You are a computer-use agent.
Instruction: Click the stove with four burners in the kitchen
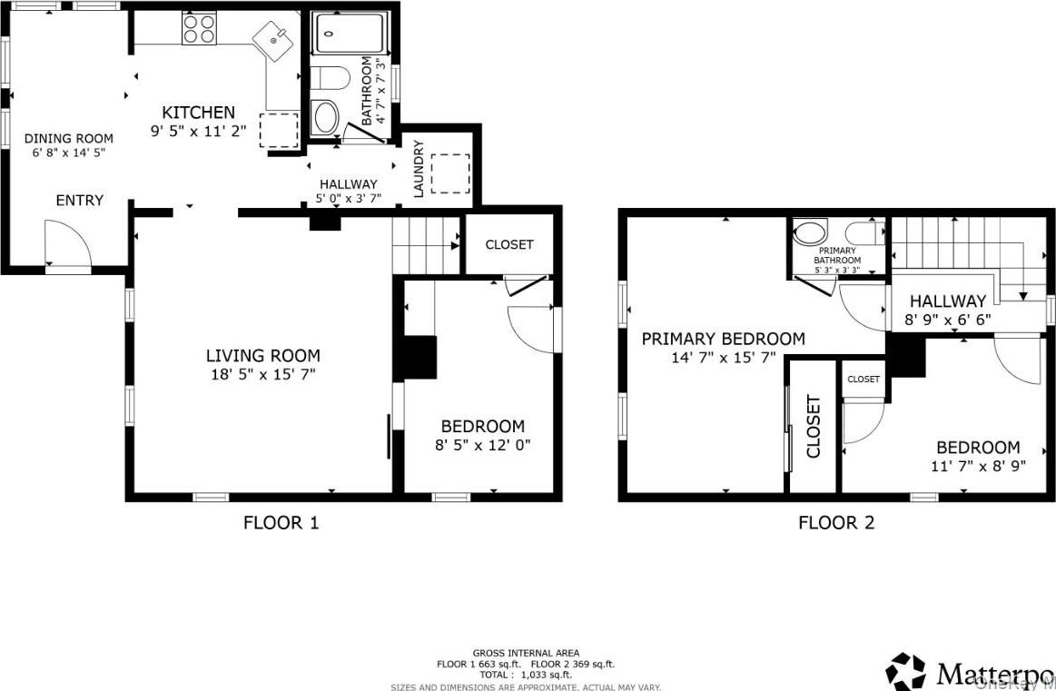coord(200,28)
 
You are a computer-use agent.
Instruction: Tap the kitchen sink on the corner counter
coord(273,40)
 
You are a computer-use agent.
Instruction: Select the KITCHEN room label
coord(198,113)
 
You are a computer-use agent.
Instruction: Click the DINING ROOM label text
coord(69,139)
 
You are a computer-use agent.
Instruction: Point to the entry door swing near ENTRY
coord(69,245)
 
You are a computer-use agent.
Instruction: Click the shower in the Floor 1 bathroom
coord(350,35)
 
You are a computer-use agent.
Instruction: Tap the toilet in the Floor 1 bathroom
coord(331,78)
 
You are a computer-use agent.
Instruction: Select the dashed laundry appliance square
coord(449,173)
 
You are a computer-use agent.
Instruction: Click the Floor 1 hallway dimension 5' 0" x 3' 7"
coord(348,198)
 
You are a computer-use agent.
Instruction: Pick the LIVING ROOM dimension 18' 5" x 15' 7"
coord(262,373)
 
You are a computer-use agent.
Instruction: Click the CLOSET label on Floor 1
coord(509,244)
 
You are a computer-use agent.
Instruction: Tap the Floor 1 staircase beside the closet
coord(427,245)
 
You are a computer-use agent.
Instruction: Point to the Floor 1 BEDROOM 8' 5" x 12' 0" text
coord(482,445)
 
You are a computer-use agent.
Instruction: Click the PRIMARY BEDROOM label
coord(723,339)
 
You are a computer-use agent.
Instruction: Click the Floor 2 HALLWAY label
coord(947,301)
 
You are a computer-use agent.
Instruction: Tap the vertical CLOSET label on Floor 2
coord(813,426)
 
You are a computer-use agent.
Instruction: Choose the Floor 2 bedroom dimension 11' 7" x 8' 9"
coord(978,466)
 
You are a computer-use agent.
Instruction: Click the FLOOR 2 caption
coord(835,522)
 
